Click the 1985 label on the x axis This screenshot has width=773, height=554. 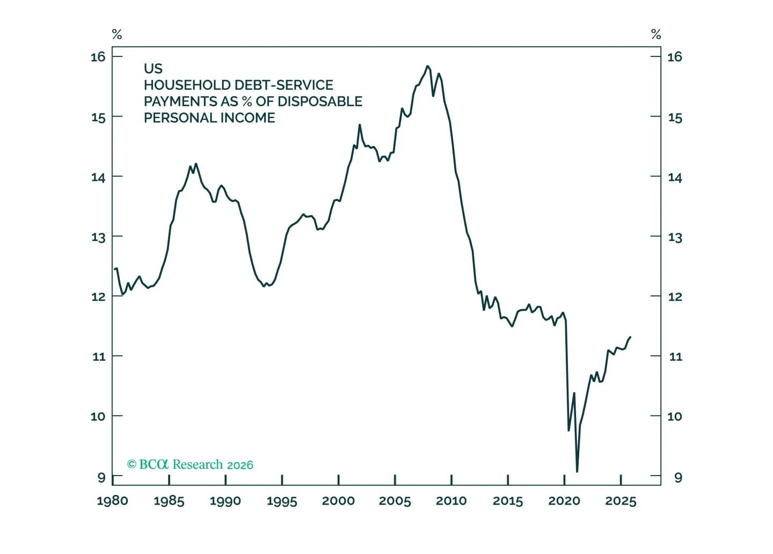pos(169,501)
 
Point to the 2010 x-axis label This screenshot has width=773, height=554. pos(451,501)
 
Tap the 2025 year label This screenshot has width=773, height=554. pos(621,501)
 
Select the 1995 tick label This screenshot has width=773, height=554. pos(282,501)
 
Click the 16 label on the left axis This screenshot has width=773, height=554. pos(98,57)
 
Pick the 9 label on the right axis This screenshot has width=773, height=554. pos(678,478)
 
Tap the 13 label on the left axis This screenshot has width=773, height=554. pos(98,237)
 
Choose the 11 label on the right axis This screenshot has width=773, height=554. pos(676,356)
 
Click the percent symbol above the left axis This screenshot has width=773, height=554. pos(117,34)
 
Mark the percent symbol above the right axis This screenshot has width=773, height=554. pos(656,34)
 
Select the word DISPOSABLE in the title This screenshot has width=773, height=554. pos(320,101)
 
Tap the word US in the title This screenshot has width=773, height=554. pos(153,69)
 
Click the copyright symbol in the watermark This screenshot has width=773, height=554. pos(132,464)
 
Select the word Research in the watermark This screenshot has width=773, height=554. pos(198,464)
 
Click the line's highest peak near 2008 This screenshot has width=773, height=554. pos(427,66)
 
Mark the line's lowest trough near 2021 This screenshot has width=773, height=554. pos(577,471)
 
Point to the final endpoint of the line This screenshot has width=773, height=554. pos(630,337)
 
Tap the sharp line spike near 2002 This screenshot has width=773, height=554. pos(360,125)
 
